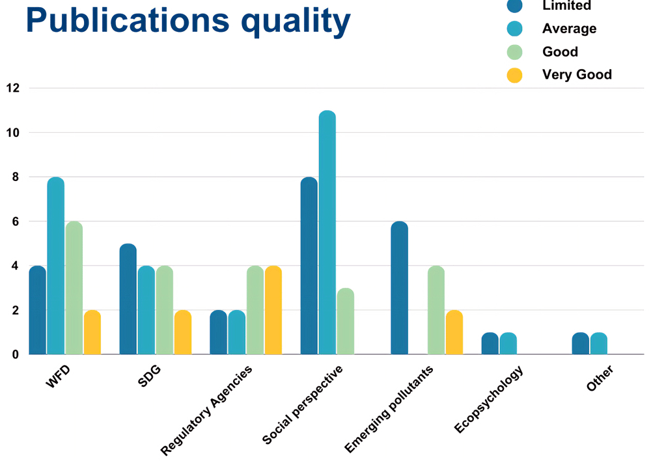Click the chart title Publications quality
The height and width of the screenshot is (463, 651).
click(188, 20)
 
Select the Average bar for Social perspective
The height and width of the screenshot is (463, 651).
click(327, 232)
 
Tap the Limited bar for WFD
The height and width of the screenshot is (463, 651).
click(38, 310)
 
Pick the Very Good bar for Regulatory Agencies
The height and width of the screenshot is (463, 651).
click(273, 310)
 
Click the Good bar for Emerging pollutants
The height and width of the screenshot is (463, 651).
click(436, 310)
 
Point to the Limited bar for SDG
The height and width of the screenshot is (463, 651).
click(128, 299)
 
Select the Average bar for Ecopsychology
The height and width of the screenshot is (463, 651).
click(508, 343)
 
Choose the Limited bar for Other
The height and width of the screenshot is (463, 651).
click(581, 343)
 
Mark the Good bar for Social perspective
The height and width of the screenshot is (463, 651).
click(346, 322)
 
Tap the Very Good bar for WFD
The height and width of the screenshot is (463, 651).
click(92, 332)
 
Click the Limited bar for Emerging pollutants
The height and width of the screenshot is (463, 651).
click(400, 288)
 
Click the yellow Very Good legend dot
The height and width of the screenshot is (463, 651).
click(514, 75)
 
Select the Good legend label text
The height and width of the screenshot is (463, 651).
click(560, 52)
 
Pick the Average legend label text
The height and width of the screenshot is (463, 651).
click(569, 29)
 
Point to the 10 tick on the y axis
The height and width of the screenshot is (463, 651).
click(13, 133)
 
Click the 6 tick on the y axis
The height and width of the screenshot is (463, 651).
click(16, 222)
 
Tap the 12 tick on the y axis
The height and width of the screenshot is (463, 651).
click(13, 88)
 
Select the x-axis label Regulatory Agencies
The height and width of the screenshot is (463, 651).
click(206, 410)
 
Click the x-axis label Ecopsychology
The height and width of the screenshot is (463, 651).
click(489, 399)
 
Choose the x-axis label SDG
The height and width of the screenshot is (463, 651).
click(149, 376)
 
